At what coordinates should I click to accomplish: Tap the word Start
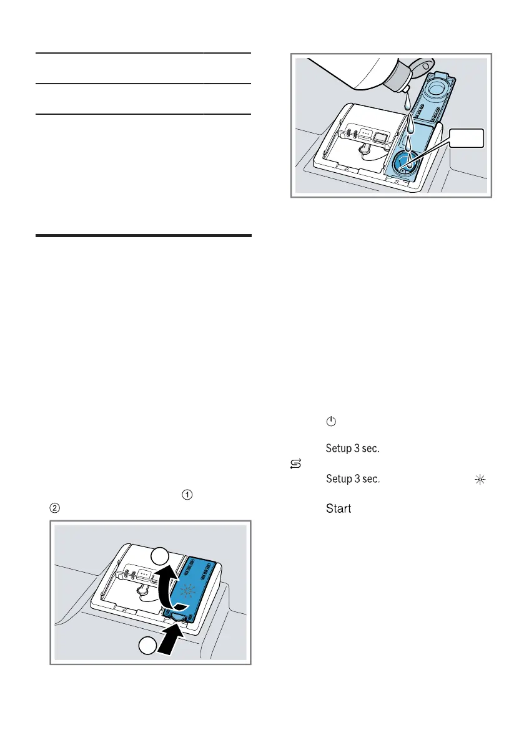tap(338, 509)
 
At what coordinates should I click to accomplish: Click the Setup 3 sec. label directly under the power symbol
tap(353, 448)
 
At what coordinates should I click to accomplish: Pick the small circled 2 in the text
tap(56, 508)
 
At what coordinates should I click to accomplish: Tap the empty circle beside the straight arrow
tap(147, 647)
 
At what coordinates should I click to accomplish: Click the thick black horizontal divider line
tap(143, 236)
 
